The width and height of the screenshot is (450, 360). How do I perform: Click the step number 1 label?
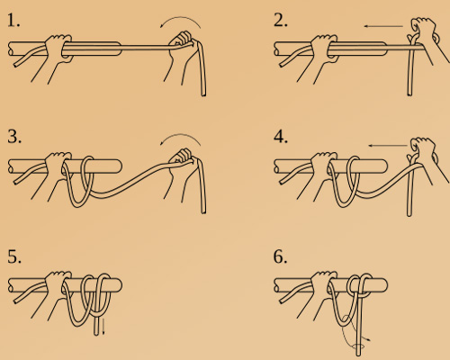click(13, 21)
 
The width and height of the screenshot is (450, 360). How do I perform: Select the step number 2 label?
click(281, 21)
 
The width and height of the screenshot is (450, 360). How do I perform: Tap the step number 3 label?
click(14, 137)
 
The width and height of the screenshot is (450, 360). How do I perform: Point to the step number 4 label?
click(281, 137)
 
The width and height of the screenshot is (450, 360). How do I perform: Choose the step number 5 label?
click(14, 256)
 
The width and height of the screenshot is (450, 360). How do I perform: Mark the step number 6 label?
click(280, 256)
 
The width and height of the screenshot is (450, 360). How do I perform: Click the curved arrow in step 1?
click(181, 18)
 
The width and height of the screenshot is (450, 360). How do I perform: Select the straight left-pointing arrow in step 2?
click(383, 26)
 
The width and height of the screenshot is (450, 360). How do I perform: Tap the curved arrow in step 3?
click(181, 135)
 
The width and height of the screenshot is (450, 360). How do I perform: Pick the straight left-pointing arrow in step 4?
click(388, 146)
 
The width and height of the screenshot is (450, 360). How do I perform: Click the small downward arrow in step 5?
click(103, 327)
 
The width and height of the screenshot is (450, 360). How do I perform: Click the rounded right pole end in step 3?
click(119, 166)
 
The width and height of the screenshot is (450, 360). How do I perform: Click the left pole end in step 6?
click(276, 285)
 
